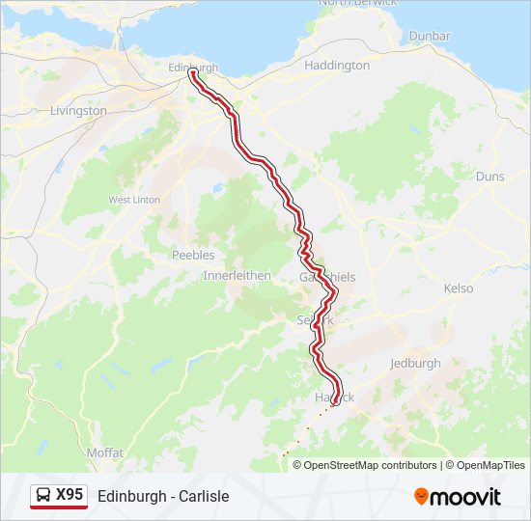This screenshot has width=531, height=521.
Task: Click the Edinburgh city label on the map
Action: (193, 68)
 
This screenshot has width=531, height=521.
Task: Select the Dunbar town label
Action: (430, 36)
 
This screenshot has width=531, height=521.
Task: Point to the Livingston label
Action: (78, 111)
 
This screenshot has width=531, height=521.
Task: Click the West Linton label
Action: (133, 200)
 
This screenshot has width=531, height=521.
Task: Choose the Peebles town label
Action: (193, 255)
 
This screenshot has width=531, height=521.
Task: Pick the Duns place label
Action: (489, 177)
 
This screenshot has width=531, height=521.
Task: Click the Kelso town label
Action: (459, 288)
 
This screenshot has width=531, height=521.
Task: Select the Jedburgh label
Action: (415, 364)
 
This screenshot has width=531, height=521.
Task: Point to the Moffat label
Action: (104, 452)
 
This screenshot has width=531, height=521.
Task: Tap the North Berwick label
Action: (357, 3)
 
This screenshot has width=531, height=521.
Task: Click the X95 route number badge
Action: (70, 495)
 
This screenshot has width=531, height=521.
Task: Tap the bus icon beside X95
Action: (44, 496)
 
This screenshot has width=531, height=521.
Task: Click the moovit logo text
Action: (465, 497)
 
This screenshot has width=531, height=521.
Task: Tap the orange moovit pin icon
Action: (421, 497)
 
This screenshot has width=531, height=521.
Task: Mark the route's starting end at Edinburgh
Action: (192, 72)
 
